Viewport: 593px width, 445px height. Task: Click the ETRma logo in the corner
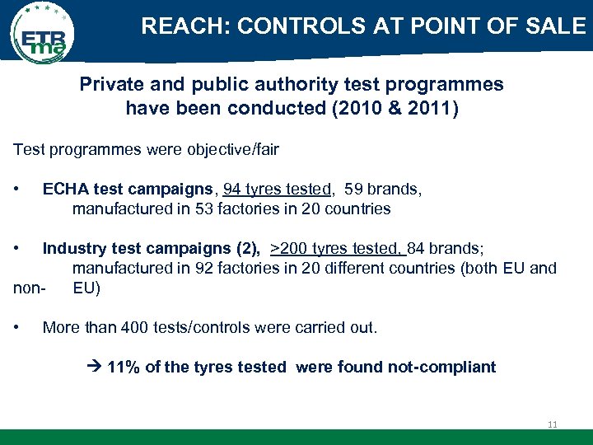[x=43, y=34]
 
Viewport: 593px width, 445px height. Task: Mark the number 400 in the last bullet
[x=135, y=327]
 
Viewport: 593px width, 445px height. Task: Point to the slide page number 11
[x=552, y=424]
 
